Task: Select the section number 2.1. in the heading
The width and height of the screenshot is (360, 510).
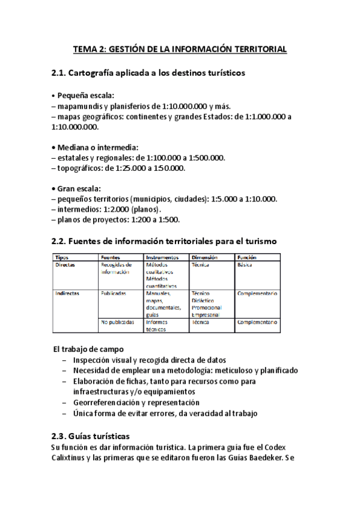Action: coord(62,73)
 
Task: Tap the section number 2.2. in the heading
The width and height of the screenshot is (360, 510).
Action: coord(62,242)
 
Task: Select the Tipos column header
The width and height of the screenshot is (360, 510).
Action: coord(63,257)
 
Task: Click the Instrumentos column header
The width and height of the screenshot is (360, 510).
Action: coord(162,257)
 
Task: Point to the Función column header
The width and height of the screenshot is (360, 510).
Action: coord(247,257)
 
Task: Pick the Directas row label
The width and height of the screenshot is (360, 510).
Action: coord(66,265)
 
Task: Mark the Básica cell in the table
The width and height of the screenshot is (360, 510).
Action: coord(245,265)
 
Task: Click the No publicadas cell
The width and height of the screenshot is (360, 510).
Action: coord(117,322)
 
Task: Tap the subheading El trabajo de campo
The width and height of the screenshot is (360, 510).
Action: coord(88,348)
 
